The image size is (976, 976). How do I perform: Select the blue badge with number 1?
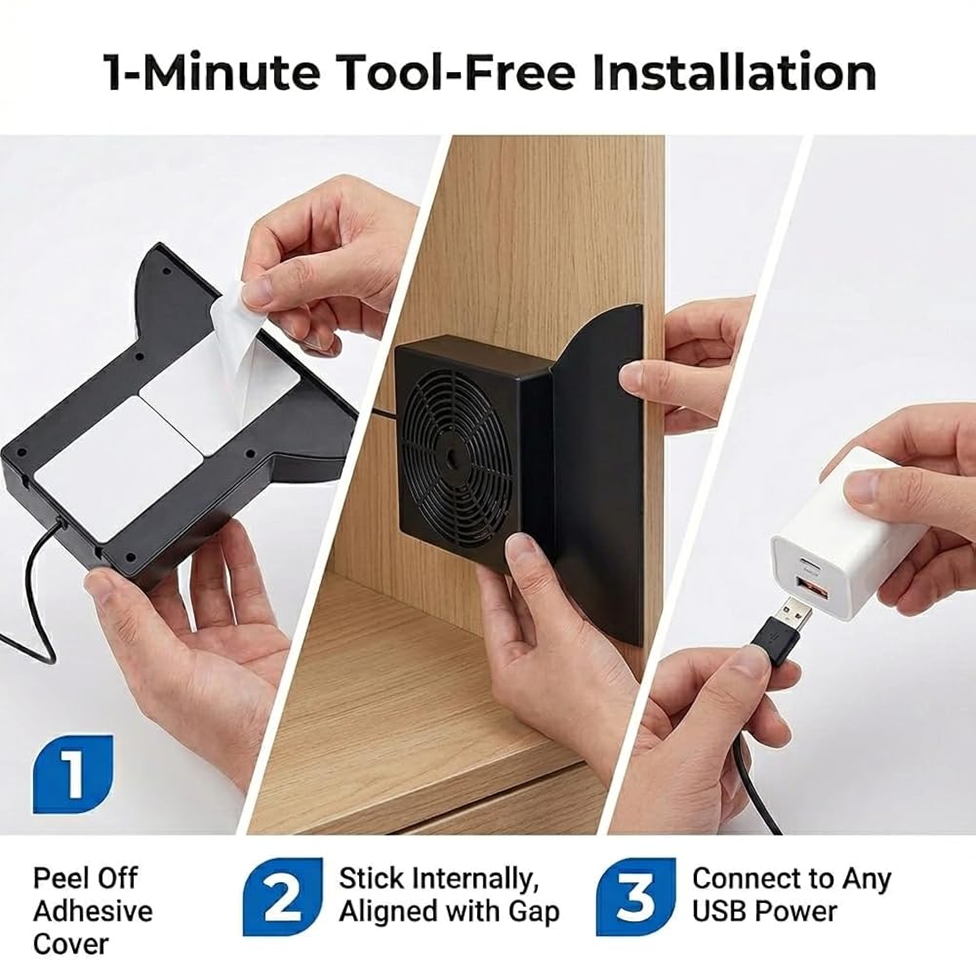pyautogui.click(x=73, y=774)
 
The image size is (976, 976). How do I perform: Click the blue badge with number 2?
pyautogui.click(x=283, y=897)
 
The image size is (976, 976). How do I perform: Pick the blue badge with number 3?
pyautogui.click(x=636, y=897)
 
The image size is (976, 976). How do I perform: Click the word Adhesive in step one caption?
pyautogui.click(x=93, y=912)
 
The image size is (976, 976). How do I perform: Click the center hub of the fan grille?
pyautogui.click(x=449, y=454)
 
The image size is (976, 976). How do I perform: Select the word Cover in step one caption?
pyautogui.click(x=71, y=944)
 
